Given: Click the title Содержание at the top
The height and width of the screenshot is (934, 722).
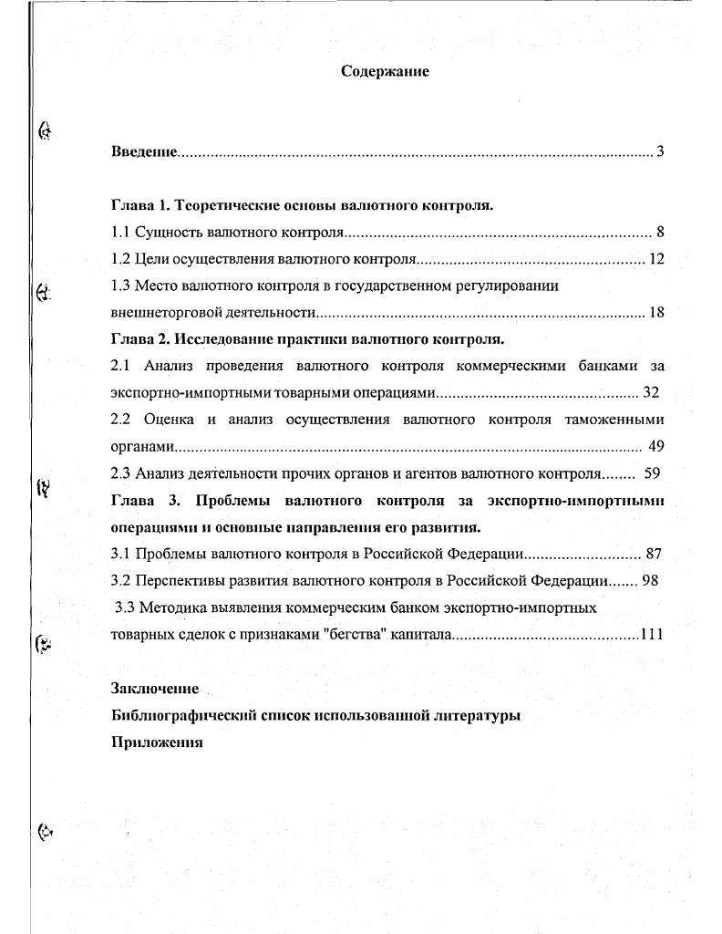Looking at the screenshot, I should click(384, 71).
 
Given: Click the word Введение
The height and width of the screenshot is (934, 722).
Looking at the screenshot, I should click(143, 150).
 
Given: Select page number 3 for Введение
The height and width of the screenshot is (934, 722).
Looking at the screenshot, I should click(659, 150).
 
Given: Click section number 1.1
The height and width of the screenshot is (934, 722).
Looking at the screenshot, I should click(120, 232).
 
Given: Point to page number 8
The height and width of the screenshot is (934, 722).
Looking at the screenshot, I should click(659, 232).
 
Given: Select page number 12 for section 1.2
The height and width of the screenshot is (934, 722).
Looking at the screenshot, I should click(656, 259).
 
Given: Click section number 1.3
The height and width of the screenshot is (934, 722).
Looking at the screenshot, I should click(120, 285).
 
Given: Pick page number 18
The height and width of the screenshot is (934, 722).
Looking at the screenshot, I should click(656, 313).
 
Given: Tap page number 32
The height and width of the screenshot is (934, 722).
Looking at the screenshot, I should click(650, 393).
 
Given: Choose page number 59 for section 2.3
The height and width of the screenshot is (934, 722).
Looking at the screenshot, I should click(651, 473).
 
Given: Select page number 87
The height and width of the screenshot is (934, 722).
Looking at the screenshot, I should click(653, 554).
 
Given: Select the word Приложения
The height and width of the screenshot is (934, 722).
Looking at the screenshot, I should click(156, 742).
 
